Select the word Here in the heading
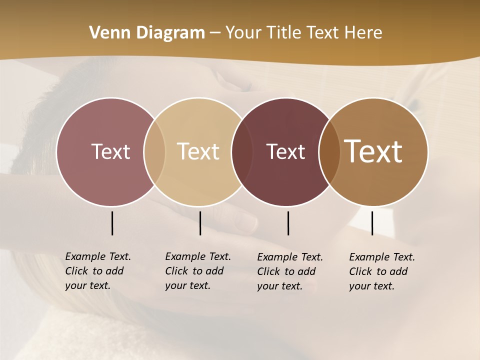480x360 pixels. pos(363,33)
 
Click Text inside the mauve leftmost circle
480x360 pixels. pos(110,151)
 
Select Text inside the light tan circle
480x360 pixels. pos(198,151)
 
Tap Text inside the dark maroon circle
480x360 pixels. pos(285,151)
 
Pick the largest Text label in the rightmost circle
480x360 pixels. pos(373,151)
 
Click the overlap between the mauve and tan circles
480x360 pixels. pos(154,151)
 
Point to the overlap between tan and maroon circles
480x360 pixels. pos(242,151)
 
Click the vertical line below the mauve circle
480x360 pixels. pos(112,223)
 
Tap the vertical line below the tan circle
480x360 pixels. pos(200,223)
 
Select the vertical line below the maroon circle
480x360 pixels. pos(288,223)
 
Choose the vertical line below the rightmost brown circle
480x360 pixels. pos(372,223)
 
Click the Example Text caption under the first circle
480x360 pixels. pos(97,271)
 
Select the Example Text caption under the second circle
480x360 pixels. pos(197,271)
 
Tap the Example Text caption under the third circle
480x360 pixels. pos(289,271)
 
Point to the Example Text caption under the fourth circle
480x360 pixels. pos(381,271)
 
